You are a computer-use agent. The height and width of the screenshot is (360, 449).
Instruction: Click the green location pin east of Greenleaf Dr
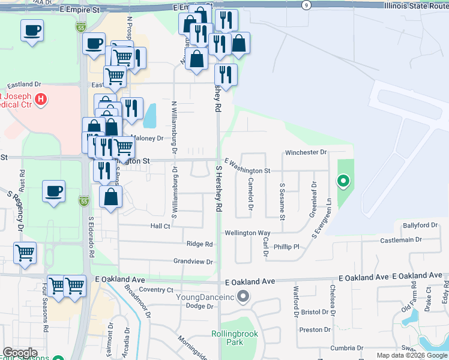pyautogui.click(x=343, y=180)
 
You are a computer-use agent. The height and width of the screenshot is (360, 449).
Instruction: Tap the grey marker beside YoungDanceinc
pyautogui.click(x=243, y=296)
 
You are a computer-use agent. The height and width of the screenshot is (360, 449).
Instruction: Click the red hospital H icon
pyautogui.click(x=41, y=98)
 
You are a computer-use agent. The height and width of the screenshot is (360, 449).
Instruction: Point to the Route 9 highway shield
pyautogui.click(x=307, y=5)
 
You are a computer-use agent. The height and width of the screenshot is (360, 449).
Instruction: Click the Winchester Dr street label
pyautogui.click(x=306, y=152)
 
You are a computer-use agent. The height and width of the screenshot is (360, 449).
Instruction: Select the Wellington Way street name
pyautogui.click(x=247, y=232)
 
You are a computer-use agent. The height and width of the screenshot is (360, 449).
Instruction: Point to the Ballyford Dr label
pyautogui.click(x=421, y=225)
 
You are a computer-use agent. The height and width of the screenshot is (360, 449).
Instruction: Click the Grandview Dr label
pyautogui.click(x=193, y=262)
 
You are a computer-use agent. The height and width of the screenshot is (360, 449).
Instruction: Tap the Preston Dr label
pyautogui.click(x=315, y=329)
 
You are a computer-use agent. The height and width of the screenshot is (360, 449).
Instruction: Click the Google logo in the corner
pyautogui.click(x=20, y=353)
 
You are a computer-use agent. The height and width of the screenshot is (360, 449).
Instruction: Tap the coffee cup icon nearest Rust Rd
pyautogui.click(x=54, y=191)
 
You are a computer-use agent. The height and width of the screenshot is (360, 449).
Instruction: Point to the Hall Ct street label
pyautogui.click(x=160, y=226)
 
